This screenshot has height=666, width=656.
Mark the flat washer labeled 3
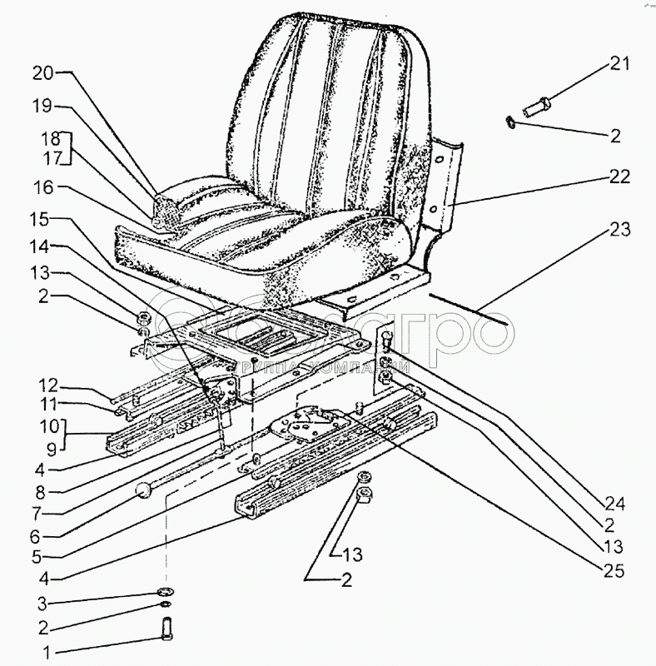165,592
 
